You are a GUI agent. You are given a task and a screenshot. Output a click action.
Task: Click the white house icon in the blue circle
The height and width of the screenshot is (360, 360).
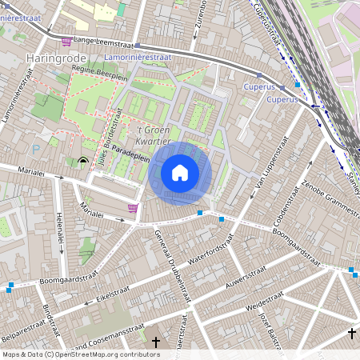[x=180, y=173]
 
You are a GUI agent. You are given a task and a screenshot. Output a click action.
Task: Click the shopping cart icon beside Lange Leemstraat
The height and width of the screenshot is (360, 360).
[x=66, y=41]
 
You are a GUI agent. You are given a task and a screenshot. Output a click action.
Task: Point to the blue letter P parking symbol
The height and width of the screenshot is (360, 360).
[x=35, y=147]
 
